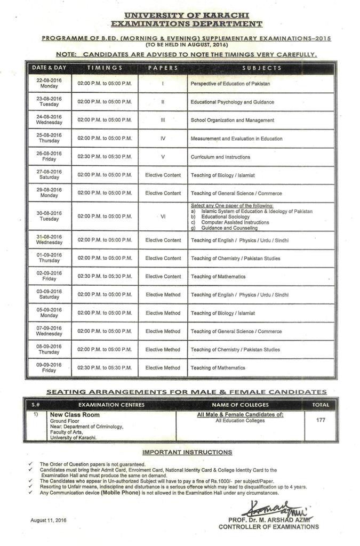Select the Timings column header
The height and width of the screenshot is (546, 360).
coord(105,68)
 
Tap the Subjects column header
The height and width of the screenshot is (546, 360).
coord(261,68)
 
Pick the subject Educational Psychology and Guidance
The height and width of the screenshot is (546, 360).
coord(232,102)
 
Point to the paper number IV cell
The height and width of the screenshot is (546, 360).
coord(163,139)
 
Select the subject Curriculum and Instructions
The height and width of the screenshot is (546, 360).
coord(220,157)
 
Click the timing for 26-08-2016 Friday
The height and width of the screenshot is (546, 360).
coord(105,157)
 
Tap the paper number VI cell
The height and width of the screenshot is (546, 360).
coord(163,216)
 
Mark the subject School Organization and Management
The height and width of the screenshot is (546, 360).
coord(232,120)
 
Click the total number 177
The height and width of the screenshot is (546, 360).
coord(321,420)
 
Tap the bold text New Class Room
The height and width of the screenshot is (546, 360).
coord(75,414)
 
